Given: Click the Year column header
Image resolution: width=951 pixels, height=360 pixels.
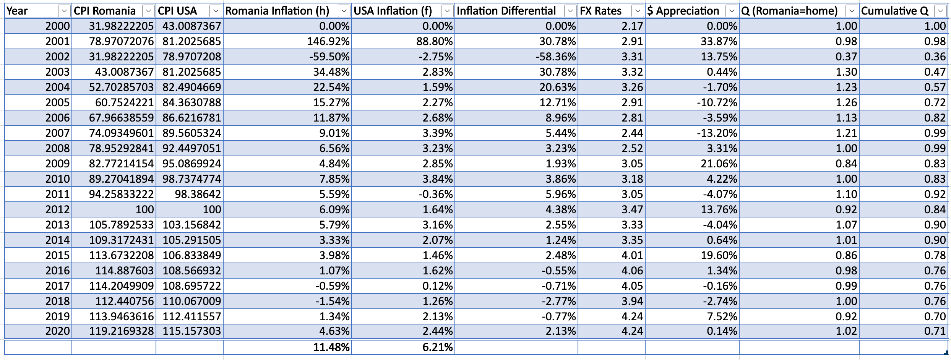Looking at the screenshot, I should click(18, 11).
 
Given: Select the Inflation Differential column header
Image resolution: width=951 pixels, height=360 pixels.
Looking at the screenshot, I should click(506, 11).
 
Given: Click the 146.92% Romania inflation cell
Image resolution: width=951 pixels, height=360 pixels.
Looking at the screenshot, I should click(328, 41).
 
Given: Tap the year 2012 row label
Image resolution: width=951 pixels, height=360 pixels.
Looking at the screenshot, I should click(57, 209).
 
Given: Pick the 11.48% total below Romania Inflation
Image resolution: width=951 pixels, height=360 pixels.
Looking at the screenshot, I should click(331, 347).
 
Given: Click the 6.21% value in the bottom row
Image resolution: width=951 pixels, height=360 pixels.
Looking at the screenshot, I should click(437, 347).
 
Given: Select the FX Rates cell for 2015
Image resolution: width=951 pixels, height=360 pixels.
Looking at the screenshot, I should click(632, 255).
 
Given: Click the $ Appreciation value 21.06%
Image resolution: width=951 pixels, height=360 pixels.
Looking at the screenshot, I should click(718, 164).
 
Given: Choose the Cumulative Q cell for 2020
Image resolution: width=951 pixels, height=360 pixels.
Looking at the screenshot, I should click(935, 331).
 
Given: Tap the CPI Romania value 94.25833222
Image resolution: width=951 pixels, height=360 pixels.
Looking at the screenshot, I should click(121, 194).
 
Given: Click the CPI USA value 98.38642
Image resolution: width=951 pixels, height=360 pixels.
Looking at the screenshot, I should click(198, 194).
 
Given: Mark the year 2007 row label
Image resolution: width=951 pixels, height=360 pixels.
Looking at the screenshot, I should click(57, 133).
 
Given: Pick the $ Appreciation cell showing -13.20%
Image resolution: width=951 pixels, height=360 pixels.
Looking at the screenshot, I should click(720, 133).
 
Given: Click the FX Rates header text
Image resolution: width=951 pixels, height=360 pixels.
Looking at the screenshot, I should click(600, 11).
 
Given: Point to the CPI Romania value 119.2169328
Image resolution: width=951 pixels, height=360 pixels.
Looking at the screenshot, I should click(121, 331).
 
